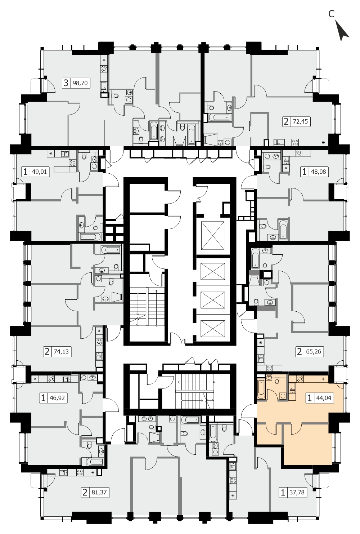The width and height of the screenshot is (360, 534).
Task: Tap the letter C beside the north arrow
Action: point(332,14)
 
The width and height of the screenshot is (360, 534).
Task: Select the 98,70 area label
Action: point(80,83)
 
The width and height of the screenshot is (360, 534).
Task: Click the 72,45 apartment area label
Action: point(301,121)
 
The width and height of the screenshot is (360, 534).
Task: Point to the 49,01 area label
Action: point(40,172)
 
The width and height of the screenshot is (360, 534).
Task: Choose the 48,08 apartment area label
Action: point(318,172)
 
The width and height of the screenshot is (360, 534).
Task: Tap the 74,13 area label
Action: point(61,351)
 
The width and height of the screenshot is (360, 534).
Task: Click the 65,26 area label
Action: point(314,351)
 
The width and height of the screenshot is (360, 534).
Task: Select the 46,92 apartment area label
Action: point(57,398)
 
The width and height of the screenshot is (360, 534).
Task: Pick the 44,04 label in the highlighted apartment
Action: point(324,398)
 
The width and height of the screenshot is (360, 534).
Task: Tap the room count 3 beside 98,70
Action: point(66,83)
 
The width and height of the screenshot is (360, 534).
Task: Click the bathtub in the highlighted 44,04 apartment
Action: point(261,389)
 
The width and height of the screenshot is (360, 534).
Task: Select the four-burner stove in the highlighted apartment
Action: point(300,378)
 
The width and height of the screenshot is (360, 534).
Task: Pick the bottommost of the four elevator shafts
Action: point(212,329)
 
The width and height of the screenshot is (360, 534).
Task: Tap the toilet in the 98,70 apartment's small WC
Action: point(116,96)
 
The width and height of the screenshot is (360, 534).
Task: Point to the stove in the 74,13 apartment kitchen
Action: point(99,342)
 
